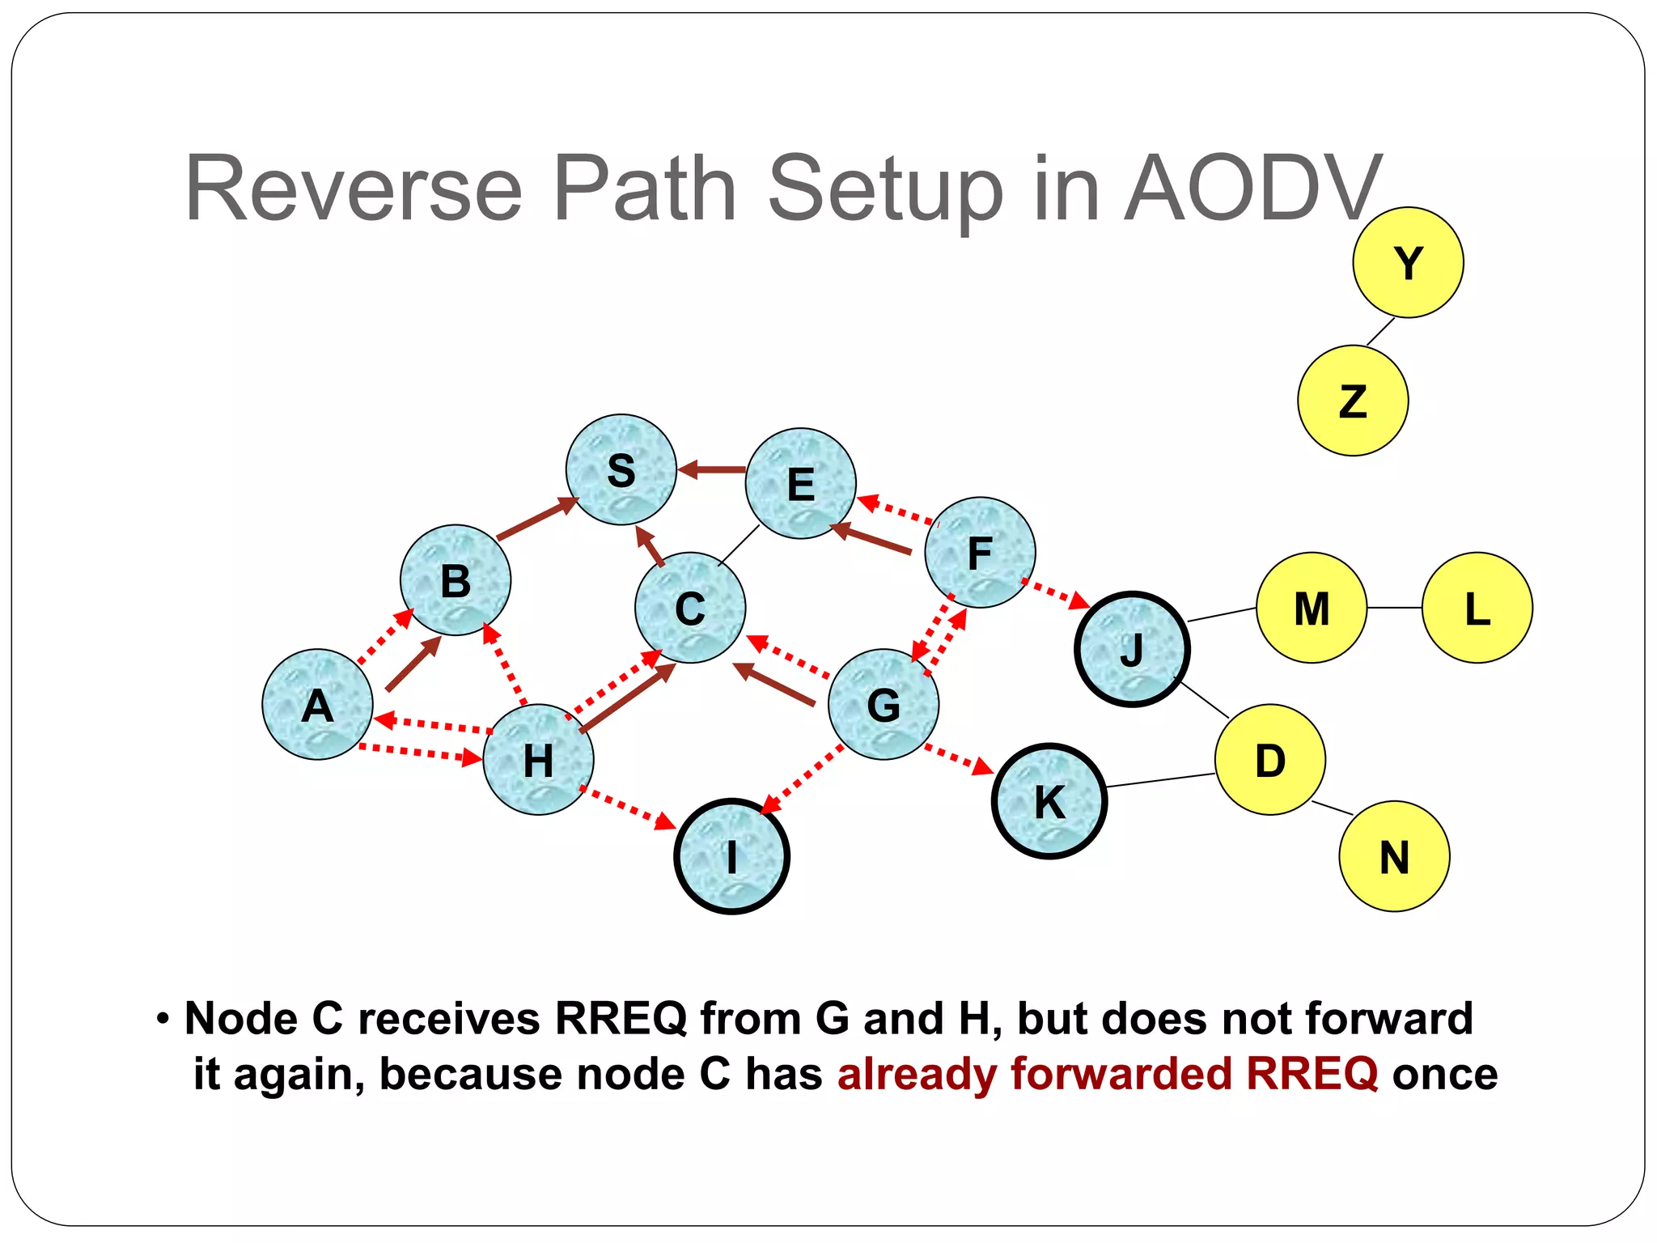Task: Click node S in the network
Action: (x=621, y=470)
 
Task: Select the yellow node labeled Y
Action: (x=1408, y=263)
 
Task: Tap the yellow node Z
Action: (x=1353, y=401)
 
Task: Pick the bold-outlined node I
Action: (x=731, y=856)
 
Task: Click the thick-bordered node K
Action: (x=1049, y=801)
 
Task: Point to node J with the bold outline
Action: (x=1132, y=649)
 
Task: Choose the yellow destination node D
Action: (x=1269, y=760)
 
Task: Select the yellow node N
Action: (x=1394, y=856)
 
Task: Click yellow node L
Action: (x=1477, y=608)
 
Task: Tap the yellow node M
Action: (x=1312, y=608)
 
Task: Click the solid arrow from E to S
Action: (x=712, y=469)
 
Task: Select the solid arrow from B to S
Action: (x=536, y=519)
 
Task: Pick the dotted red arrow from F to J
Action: (x=1055, y=593)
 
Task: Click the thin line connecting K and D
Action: (x=1159, y=780)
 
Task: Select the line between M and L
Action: (x=1394, y=608)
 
